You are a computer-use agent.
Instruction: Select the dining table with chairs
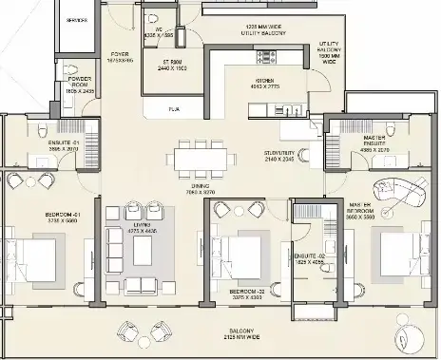click(202, 154)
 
